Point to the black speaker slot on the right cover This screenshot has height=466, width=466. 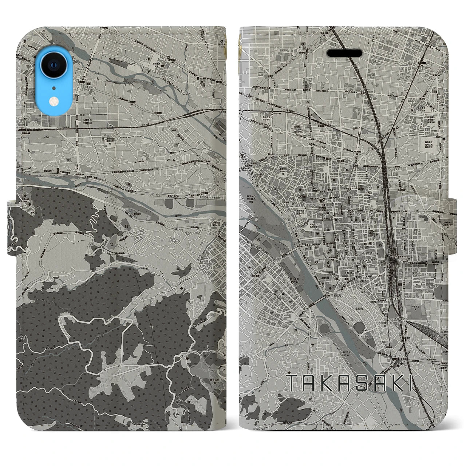[x=344, y=53]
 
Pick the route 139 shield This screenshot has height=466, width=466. [x=25, y=119]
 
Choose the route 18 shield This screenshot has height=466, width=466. [x=156, y=195]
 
